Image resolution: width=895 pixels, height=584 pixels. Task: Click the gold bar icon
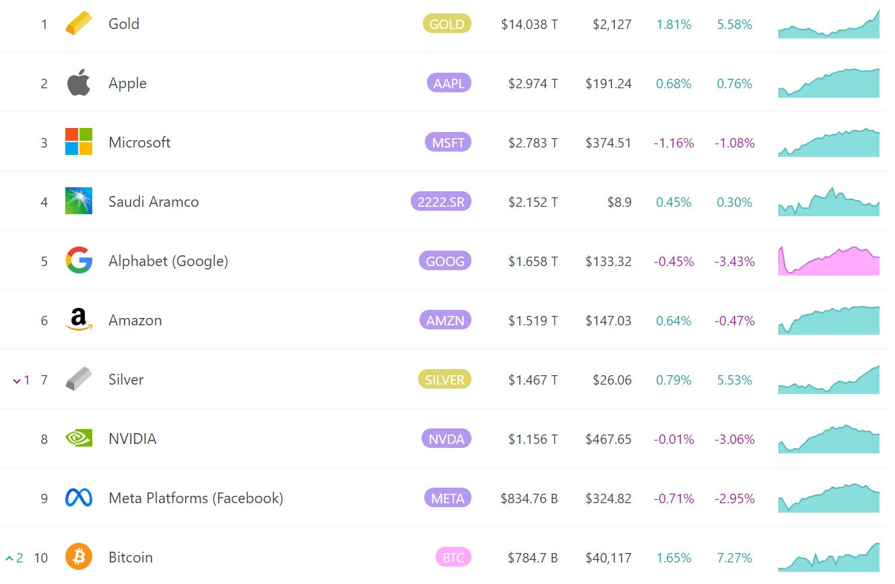[x=78, y=24]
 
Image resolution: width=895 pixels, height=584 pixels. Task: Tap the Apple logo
[x=79, y=83]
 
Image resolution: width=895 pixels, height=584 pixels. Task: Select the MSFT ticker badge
[x=448, y=142]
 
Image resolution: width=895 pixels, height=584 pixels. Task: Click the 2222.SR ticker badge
[x=441, y=201]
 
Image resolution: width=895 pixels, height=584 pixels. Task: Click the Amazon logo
[x=79, y=320]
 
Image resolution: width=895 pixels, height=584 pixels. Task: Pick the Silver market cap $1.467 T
[x=533, y=380]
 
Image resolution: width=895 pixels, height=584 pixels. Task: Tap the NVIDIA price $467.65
[x=608, y=439]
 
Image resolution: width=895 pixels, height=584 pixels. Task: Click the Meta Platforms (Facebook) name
[x=195, y=498]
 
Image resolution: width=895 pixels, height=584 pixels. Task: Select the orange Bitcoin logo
[x=79, y=557]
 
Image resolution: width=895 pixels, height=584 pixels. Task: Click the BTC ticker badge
[x=453, y=558]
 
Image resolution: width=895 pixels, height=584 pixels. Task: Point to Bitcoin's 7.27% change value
[x=735, y=558]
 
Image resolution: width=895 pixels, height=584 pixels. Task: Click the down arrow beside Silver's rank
[x=17, y=381]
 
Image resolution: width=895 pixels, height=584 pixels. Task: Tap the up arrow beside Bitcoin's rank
[x=9, y=558]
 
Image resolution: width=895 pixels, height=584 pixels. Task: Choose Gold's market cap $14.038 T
[x=529, y=24]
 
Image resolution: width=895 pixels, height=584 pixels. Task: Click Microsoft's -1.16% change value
[x=673, y=143]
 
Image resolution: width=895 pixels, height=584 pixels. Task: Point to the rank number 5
[x=44, y=261]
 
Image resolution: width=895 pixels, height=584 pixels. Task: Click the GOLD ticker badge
[x=447, y=24]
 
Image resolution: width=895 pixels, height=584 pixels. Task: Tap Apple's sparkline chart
[x=829, y=84]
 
